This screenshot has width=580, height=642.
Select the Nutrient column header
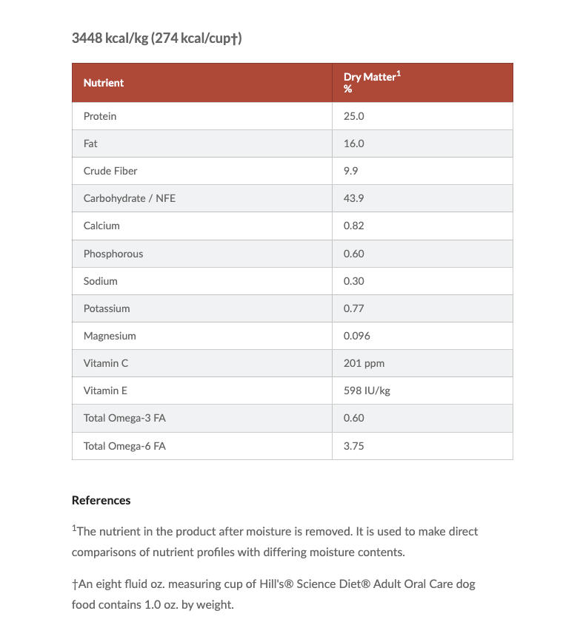[104, 83]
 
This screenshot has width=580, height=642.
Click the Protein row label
[100, 116]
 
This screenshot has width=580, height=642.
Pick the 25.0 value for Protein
[354, 116]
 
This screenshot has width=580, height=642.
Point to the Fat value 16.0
[354, 143]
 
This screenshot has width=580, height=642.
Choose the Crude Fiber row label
[110, 171]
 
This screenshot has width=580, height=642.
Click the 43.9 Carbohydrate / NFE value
[354, 198]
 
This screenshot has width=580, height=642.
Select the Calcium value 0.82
[354, 226]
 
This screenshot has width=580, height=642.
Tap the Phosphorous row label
[113, 254]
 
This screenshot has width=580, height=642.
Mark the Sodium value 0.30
[354, 281]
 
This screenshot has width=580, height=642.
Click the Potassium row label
[107, 308]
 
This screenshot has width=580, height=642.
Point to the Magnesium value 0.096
[357, 336]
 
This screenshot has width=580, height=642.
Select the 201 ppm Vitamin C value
[364, 363]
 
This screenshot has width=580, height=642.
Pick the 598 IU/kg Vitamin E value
[367, 391]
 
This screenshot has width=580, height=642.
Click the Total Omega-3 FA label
[124, 418]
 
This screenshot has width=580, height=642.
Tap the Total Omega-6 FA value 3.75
[354, 446]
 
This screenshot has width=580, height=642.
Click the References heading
[101, 501]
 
